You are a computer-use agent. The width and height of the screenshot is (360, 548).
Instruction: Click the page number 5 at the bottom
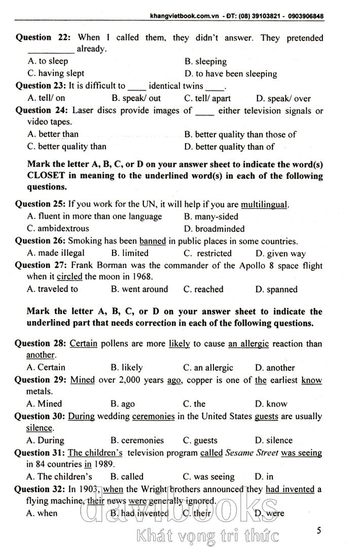[x=318, y=531]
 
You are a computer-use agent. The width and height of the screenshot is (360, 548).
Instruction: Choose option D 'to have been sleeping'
[x=231, y=74]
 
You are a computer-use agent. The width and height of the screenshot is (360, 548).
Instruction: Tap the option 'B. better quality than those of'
[x=240, y=134]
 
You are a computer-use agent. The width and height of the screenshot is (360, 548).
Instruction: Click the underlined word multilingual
[x=264, y=204]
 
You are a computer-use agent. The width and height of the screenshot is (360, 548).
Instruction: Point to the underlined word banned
[x=153, y=241]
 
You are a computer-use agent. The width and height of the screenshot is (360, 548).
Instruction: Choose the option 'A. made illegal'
[x=56, y=253]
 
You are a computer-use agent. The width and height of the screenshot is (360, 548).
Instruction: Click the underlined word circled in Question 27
[x=69, y=277]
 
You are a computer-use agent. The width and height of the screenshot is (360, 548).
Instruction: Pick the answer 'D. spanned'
[x=276, y=289]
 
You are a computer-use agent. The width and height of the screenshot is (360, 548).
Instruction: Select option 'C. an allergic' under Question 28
[x=208, y=367]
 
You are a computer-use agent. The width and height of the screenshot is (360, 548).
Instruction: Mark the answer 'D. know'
[x=271, y=404]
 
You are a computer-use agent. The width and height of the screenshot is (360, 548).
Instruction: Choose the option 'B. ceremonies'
[x=137, y=440]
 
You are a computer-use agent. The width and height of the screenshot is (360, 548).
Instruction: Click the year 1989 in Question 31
[x=105, y=464]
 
